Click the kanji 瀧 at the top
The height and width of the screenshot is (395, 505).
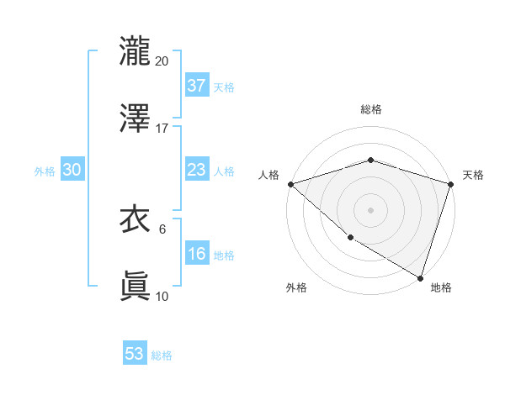[135, 51]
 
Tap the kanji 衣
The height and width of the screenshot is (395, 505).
[135, 220]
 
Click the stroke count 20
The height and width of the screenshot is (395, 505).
[162, 61]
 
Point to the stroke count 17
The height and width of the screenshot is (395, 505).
[162, 129]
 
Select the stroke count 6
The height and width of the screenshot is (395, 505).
[162, 229]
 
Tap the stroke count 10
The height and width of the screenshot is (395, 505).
[162, 296]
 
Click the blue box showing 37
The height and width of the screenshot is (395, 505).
[197, 86]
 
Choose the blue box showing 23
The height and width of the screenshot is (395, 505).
[197, 170]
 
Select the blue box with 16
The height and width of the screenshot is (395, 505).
[197, 255]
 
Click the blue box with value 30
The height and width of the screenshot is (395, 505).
[72, 170]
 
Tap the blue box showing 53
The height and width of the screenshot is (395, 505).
[135, 354]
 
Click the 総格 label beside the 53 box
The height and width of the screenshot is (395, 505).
[162, 355]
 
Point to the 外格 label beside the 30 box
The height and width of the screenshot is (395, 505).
[45, 171]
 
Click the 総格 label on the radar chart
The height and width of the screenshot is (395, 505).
[371, 109]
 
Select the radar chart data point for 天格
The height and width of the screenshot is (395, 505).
[450, 184]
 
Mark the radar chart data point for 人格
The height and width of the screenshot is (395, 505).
[290, 184]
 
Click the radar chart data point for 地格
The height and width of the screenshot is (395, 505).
[420, 277]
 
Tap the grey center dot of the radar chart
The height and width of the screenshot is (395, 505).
[371, 209]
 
